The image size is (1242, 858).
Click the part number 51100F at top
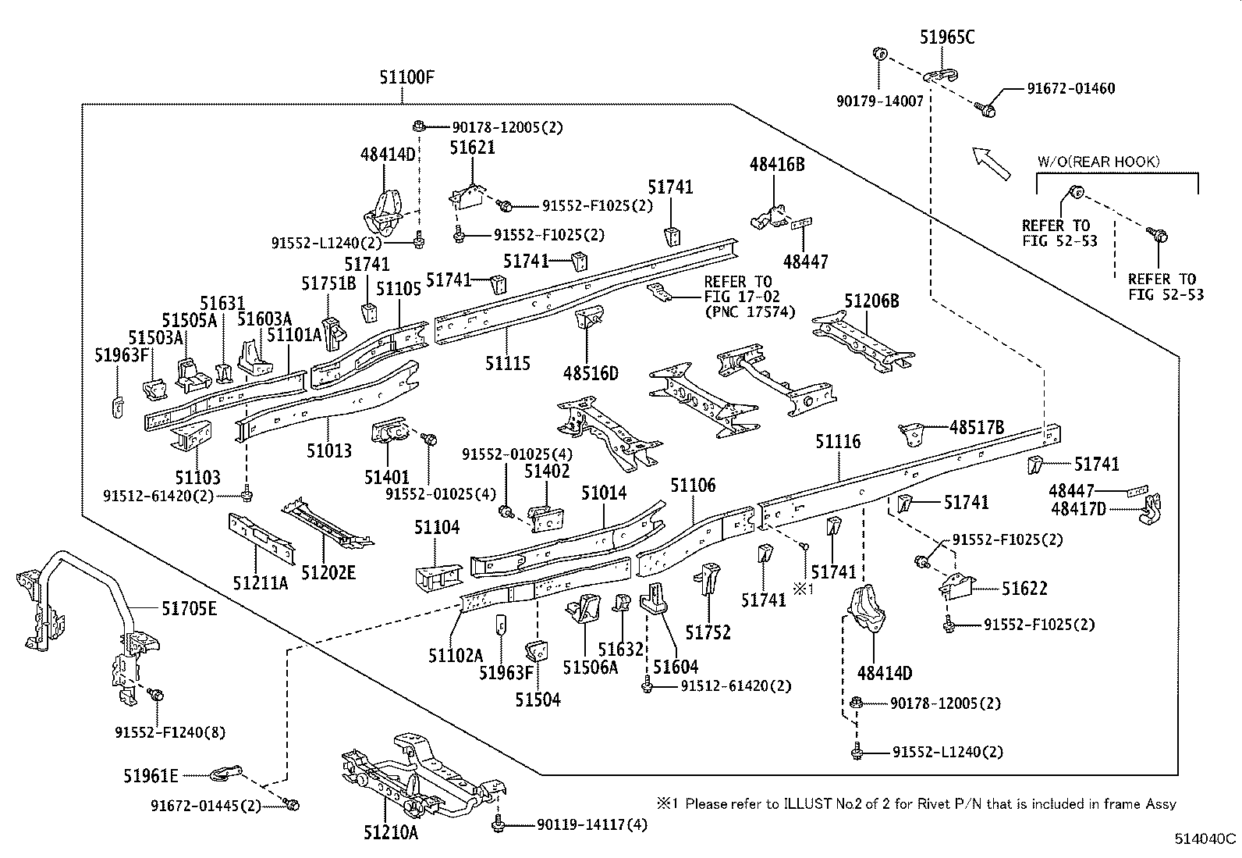pyautogui.click(x=406, y=77)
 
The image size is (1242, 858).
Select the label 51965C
pyautogui.click(x=947, y=37)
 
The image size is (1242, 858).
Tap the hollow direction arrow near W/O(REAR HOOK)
pyautogui.click(x=991, y=163)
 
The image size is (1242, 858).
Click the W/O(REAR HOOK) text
pyautogui.click(x=1098, y=162)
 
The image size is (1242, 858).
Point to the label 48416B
pyautogui.click(x=777, y=164)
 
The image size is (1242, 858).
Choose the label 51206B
pyautogui.click(x=871, y=301)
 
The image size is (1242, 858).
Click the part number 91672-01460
pyautogui.click(x=1070, y=88)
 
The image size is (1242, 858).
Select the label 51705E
pyautogui.click(x=189, y=609)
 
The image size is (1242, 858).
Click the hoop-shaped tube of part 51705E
pyautogui.click(x=83, y=561)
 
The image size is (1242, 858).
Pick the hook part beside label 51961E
pyautogui.click(x=226, y=774)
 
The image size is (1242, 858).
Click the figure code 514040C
pyautogui.click(x=1205, y=838)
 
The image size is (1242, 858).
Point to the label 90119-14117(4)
pyautogui.click(x=591, y=824)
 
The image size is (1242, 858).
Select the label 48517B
pyautogui.click(x=977, y=427)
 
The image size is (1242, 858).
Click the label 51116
pyautogui.click(x=838, y=442)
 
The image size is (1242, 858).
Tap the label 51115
pyautogui.click(x=508, y=364)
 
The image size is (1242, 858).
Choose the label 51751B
pyautogui.click(x=328, y=283)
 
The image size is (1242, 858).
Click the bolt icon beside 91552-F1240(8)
pyautogui.click(x=156, y=694)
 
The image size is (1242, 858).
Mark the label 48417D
pyautogui.click(x=1078, y=508)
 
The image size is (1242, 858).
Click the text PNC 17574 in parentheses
pyautogui.click(x=751, y=312)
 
